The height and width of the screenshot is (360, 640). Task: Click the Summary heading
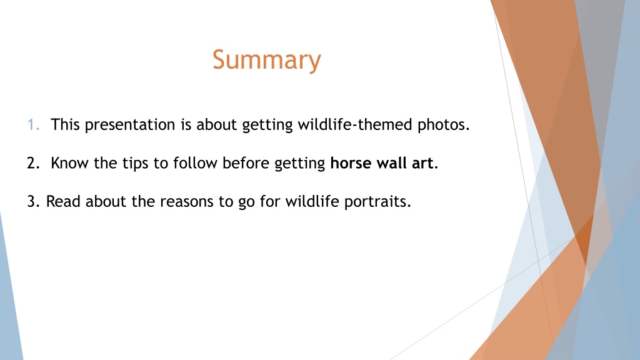click(266, 61)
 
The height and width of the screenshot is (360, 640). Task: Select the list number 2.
click(34, 163)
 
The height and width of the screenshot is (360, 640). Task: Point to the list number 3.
click(34, 202)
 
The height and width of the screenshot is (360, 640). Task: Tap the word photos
click(443, 125)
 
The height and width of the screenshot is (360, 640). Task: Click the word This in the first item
click(65, 124)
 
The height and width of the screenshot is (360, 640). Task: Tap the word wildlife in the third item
click(312, 202)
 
